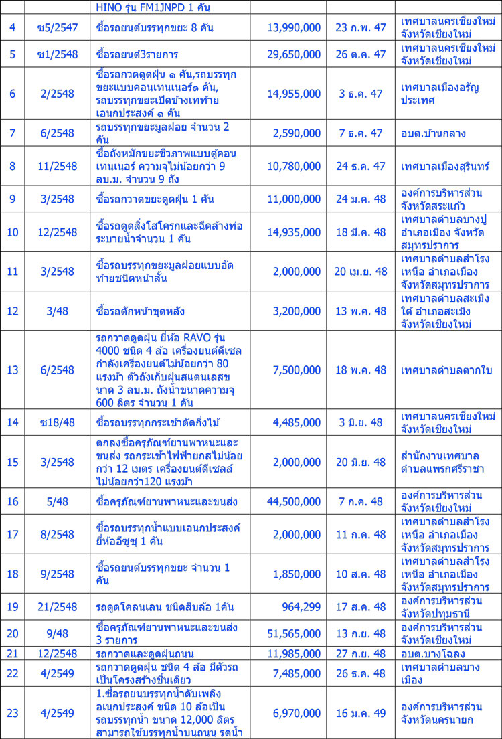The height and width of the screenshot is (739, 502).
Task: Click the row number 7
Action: [x=13, y=133]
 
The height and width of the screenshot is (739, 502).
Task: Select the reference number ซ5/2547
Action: [x=58, y=29]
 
